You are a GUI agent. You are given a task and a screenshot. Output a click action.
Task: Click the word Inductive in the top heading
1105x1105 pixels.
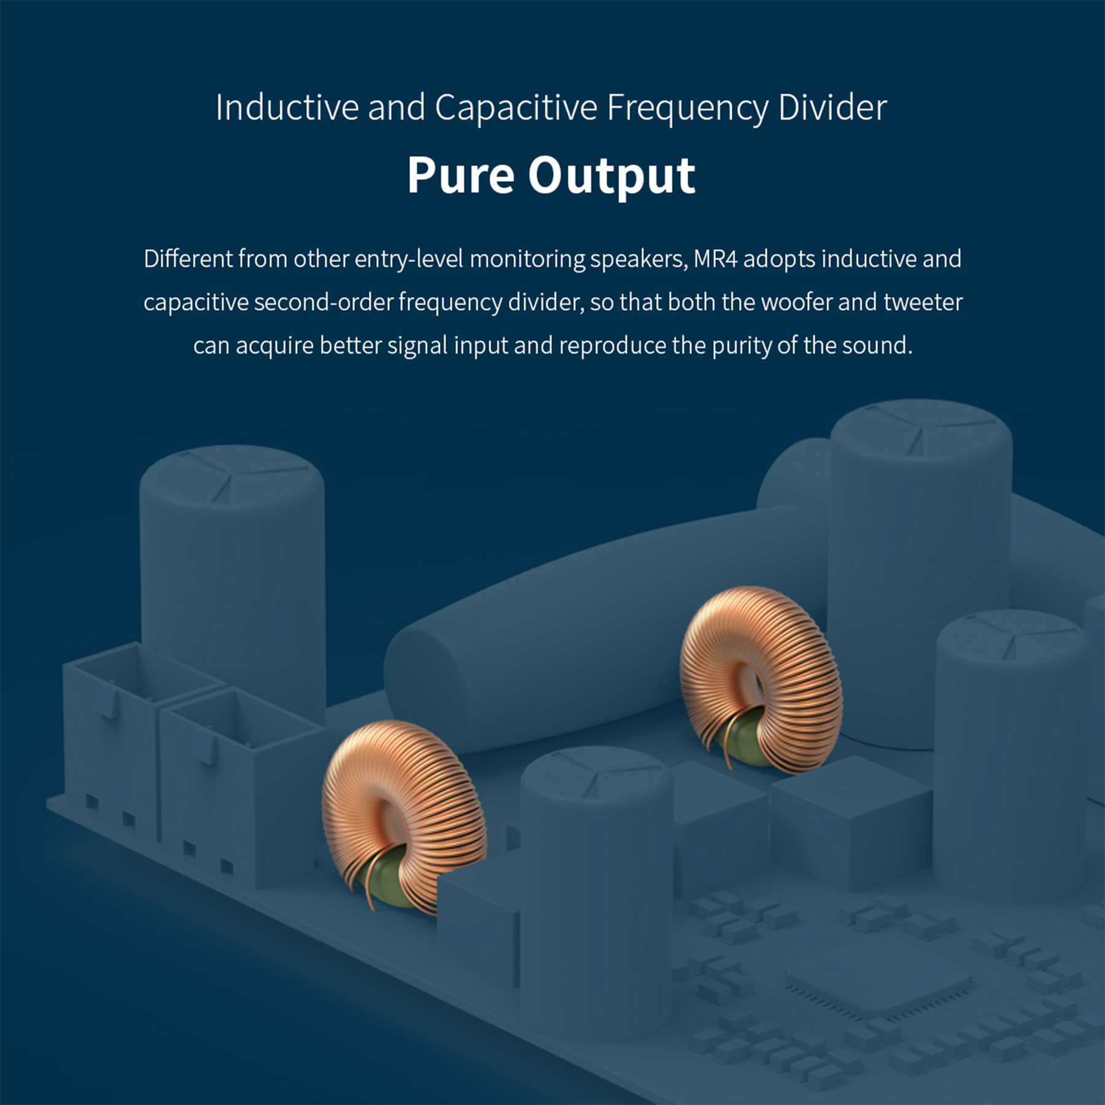pyautogui.click(x=287, y=108)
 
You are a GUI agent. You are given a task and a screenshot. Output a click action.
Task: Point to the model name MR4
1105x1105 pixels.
pyautogui.click(x=715, y=259)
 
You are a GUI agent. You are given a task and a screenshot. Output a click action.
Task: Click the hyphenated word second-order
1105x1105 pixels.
pyautogui.click(x=323, y=303)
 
